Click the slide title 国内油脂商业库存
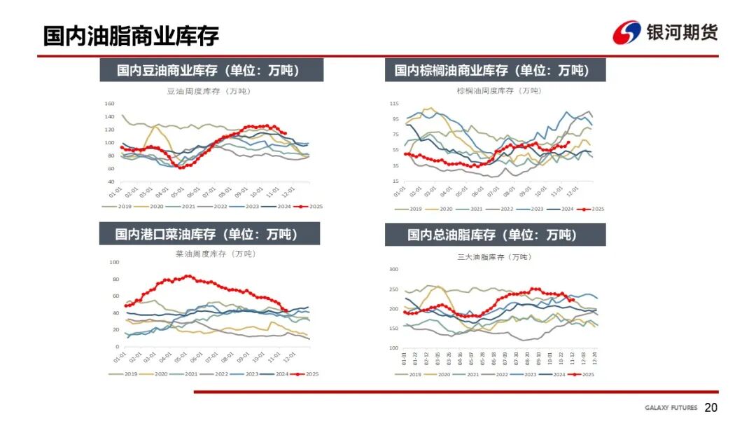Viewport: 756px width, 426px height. point(131,35)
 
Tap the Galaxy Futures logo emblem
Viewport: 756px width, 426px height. point(626,32)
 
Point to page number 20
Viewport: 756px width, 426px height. point(710,408)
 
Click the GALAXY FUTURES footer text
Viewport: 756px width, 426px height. point(671,408)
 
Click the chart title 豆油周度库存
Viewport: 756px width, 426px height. point(208,91)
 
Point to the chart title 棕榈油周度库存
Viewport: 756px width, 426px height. point(494,91)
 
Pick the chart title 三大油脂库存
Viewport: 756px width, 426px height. point(493,257)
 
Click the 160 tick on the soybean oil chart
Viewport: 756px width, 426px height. point(109,104)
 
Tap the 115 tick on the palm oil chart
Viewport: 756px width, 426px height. point(394,104)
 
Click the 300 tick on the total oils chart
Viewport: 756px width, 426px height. point(393,269)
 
